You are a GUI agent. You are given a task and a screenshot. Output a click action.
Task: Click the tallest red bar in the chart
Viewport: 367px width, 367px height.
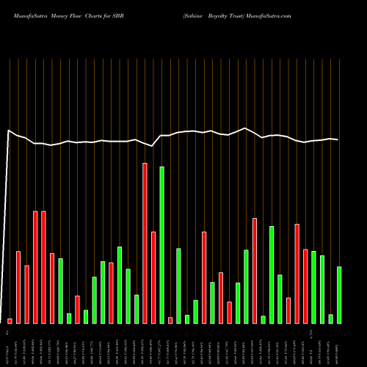tap(145, 242)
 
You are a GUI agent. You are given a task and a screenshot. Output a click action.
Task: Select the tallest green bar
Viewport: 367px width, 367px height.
tap(161, 244)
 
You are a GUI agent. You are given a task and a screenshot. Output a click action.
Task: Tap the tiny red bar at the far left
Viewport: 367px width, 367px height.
tap(10, 321)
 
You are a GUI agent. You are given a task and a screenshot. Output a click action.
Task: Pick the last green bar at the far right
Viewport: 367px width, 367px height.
tap(339, 294)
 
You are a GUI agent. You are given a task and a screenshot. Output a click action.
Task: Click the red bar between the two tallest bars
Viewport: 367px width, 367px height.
tap(153, 277)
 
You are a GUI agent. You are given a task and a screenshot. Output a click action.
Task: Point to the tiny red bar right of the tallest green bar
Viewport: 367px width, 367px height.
tap(170, 320)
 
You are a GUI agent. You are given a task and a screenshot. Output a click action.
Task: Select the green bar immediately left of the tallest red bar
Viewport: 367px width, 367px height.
tap(137, 308)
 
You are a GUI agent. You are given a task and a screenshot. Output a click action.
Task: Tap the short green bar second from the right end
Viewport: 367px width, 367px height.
tap(331, 319)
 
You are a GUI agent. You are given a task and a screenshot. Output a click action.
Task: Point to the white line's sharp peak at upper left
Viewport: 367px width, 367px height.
tap(8, 131)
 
